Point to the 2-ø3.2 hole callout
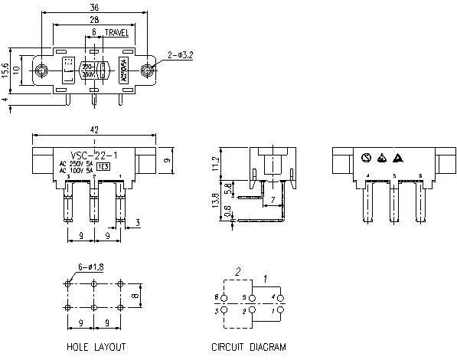[x=183, y=54]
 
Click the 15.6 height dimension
[x=5, y=70]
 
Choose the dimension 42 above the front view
[x=94, y=131]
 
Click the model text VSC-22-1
[x=93, y=154]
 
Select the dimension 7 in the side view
[x=272, y=201]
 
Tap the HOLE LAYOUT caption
[x=96, y=347]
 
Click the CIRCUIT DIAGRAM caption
[x=249, y=347]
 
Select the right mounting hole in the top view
[x=147, y=72]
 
